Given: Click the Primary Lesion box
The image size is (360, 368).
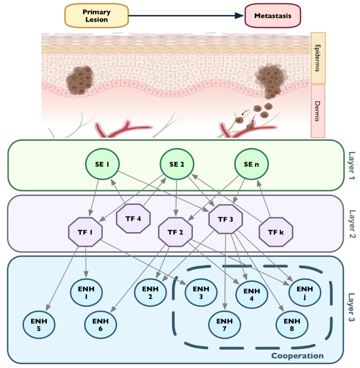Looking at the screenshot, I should [x=97, y=16].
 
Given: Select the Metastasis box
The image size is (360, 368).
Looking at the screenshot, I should [x=273, y=16].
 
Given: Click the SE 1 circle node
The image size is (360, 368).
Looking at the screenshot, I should [x=102, y=164].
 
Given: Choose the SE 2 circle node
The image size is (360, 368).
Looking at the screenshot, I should [x=176, y=164].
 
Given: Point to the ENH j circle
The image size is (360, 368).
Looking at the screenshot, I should [x=304, y=292].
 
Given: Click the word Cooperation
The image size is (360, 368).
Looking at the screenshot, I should [x=297, y=356].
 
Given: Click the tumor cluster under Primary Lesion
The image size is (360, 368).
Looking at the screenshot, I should [x=80, y=80].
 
